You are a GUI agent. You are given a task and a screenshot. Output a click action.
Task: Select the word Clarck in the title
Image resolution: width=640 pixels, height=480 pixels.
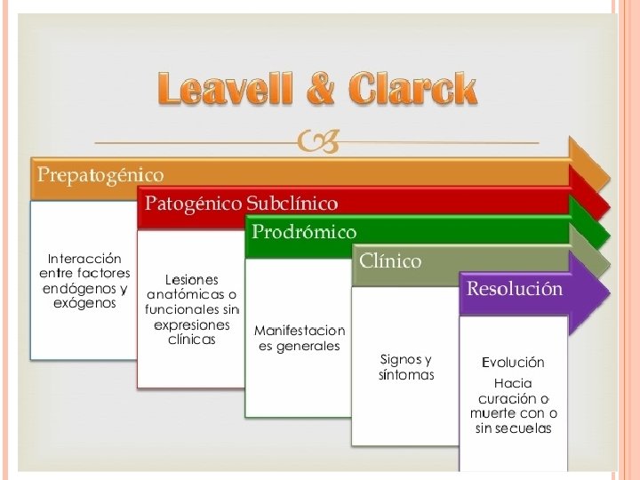coord(413,91)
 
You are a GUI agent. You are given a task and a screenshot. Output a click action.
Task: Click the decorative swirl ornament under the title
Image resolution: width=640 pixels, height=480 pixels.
coord(316,140)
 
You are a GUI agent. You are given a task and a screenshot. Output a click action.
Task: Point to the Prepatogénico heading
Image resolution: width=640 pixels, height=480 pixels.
coord(100,172)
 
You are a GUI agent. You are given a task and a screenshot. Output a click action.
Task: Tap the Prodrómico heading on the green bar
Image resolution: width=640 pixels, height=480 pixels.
coord(303,233)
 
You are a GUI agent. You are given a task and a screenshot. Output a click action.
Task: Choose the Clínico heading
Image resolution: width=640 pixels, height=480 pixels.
coord(390,261)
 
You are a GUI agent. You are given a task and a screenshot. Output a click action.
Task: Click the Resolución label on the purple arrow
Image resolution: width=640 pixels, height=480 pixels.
coord(515,289)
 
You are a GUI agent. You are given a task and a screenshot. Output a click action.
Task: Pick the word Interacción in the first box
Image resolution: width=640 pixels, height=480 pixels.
coord(84,259)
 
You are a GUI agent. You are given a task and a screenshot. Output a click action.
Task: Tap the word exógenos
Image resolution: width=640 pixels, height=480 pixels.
coord(84,303)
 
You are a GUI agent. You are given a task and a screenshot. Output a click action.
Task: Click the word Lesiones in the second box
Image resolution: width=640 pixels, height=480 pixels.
coord(191,280)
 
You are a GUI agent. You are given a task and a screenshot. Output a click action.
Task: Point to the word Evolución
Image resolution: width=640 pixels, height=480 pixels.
coord(513,363)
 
